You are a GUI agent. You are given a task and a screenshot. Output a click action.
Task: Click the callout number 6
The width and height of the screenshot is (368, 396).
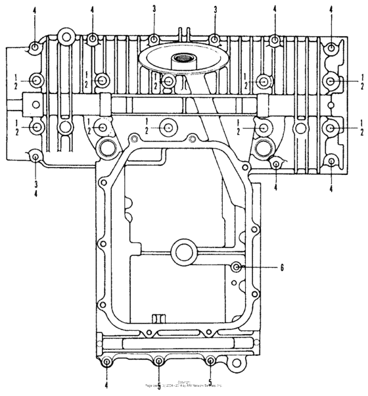click(x=282, y=268)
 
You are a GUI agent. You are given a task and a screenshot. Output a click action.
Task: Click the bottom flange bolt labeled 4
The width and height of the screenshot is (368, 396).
click(x=106, y=362)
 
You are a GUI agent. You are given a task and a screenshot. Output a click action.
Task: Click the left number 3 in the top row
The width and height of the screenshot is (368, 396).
click(x=152, y=10)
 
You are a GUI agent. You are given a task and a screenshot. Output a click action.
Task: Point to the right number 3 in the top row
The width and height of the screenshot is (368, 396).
click(x=215, y=10)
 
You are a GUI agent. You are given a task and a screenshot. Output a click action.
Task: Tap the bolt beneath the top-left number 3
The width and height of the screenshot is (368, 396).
click(x=152, y=39)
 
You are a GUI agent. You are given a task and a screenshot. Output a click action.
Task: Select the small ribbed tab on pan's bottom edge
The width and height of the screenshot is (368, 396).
click(x=156, y=318)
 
